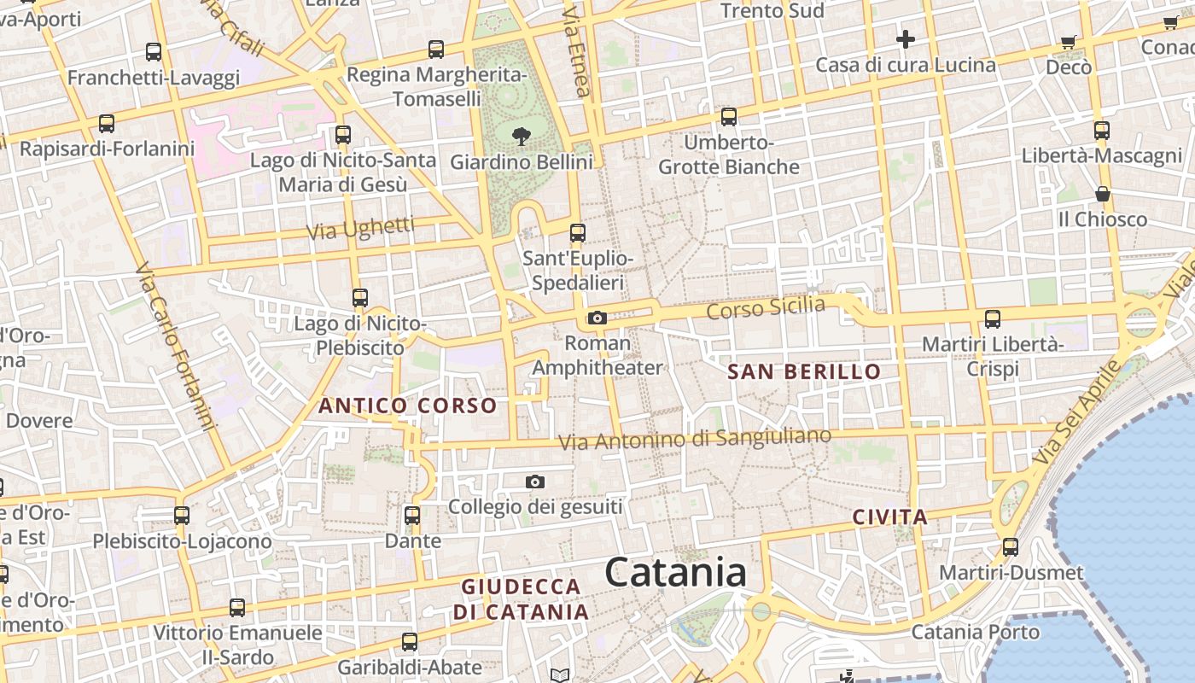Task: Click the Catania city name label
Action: tap(675, 572)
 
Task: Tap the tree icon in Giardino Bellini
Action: tap(521, 136)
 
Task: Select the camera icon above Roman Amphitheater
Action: tap(597, 318)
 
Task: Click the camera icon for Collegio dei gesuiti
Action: tap(535, 482)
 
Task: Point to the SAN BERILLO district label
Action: tap(803, 371)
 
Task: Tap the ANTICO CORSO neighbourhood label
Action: tap(407, 406)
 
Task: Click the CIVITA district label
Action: tap(890, 517)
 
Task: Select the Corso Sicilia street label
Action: tap(766, 308)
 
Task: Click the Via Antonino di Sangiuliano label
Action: tap(694, 439)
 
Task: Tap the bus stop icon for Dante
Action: tap(412, 515)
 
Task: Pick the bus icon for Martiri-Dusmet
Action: tap(1011, 546)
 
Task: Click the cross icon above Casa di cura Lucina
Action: tap(905, 38)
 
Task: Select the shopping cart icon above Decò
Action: tap(1068, 41)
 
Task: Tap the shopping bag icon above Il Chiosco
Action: tap(1103, 194)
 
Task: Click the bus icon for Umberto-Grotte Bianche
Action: tap(728, 116)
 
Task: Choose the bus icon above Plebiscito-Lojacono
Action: tap(182, 515)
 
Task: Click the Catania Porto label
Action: tap(976, 633)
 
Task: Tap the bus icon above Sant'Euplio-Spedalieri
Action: tap(578, 232)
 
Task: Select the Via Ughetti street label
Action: tap(360, 229)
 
